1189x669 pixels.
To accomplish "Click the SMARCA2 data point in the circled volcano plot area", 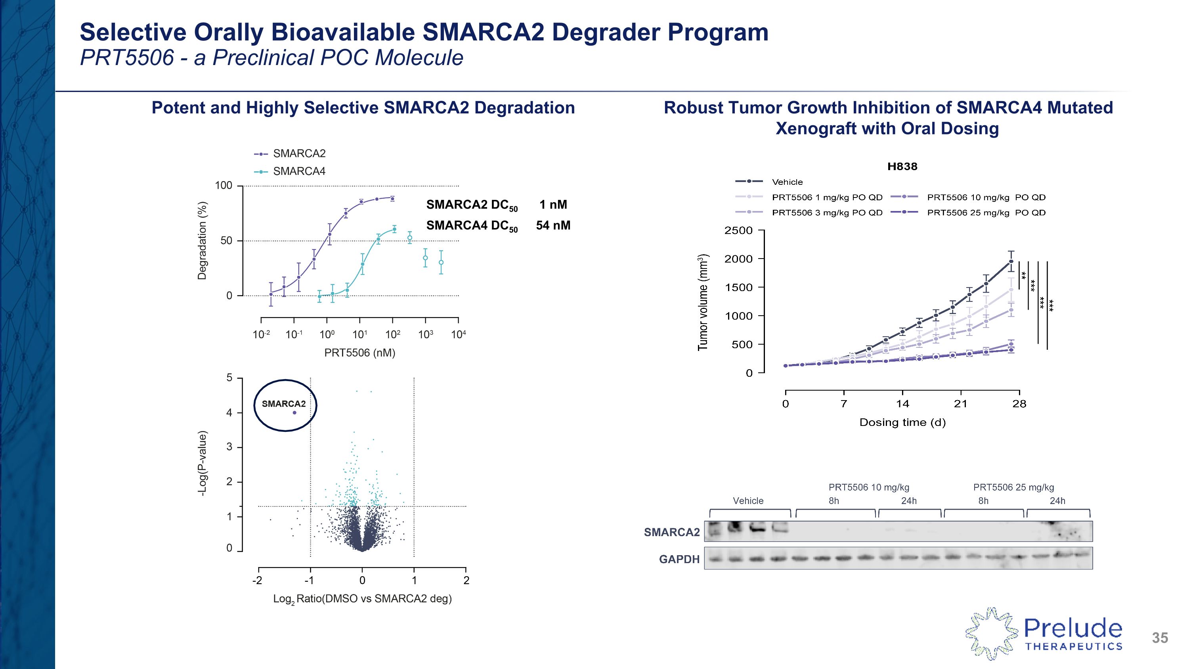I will tap(294, 413).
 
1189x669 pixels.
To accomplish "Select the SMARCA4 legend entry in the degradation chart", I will tap(298, 171).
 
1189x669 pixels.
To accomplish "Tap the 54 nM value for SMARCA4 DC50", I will tap(553, 225).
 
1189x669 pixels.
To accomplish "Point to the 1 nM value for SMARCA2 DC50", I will tap(553, 205).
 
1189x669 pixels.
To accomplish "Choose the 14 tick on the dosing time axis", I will tap(902, 404).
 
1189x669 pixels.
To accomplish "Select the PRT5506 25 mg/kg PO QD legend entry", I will tap(986, 213).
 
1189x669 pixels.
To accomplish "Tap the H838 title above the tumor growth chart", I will tap(902, 167).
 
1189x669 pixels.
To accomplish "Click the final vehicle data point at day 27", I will tap(1011, 262).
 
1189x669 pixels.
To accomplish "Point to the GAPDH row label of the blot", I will tap(679, 559).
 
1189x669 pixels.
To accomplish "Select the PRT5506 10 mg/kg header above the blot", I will tap(869, 487).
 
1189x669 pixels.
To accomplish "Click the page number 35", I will tap(1159, 638).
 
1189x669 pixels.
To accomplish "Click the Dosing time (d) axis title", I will tap(902, 422).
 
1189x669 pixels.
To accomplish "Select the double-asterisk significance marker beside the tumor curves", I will tap(1024, 276).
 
